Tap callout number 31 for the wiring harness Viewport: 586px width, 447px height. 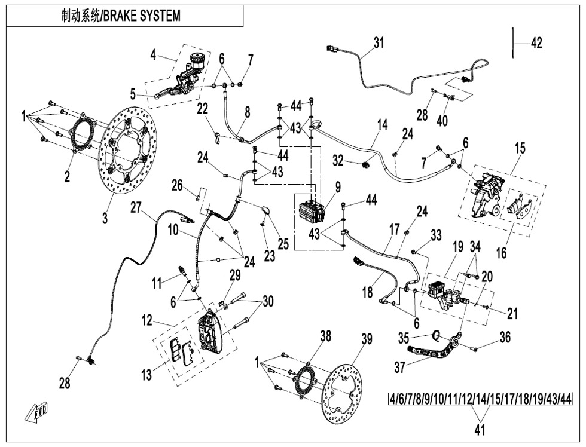379,42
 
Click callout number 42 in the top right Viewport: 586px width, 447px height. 536,43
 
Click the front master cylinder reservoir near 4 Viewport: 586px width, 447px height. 196,60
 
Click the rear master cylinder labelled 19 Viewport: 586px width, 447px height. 445,294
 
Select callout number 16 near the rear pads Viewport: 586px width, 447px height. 501,253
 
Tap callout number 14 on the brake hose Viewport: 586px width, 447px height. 382,124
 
